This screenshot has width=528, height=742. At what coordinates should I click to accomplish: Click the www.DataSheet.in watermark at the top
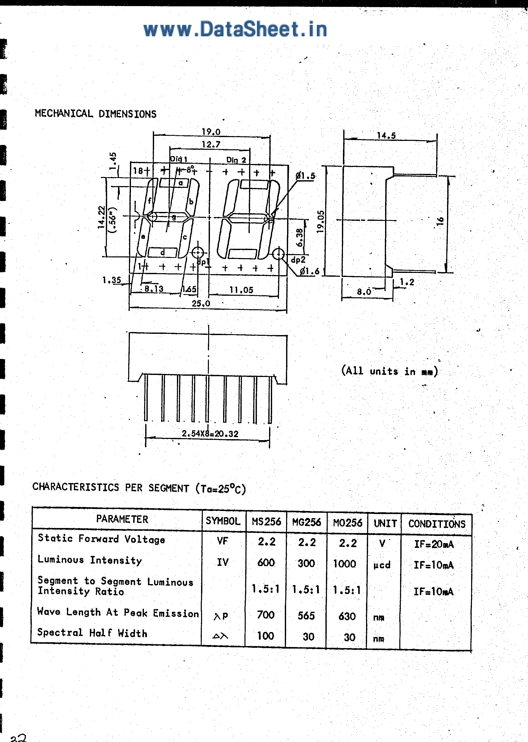click(235, 29)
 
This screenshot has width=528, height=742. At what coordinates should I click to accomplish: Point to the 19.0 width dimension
click(211, 132)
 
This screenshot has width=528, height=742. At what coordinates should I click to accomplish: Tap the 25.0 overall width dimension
click(201, 303)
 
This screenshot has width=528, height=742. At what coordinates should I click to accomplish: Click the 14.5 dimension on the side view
click(386, 135)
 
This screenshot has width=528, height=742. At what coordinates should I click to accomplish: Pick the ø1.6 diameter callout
click(309, 271)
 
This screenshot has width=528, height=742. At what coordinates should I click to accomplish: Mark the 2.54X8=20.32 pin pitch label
click(210, 433)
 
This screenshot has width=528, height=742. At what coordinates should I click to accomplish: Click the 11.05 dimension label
click(241, 290)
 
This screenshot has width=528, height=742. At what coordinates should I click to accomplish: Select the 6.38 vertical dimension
click(300, 238)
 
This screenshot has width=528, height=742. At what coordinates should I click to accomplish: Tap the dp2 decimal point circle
click(278, 254)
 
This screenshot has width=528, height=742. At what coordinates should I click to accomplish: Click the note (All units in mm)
click(389, 371)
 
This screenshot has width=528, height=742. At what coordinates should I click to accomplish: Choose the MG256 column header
click(307, 522)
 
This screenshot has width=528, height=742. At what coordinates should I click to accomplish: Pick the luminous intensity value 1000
click(345, 564)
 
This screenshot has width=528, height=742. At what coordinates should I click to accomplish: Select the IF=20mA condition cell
click(434, 544)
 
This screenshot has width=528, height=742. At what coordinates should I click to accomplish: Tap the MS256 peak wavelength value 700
click(266, 615)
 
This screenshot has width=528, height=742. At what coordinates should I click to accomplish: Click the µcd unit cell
click(382, 565)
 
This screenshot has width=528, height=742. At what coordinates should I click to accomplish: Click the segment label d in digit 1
click(162, 252)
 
